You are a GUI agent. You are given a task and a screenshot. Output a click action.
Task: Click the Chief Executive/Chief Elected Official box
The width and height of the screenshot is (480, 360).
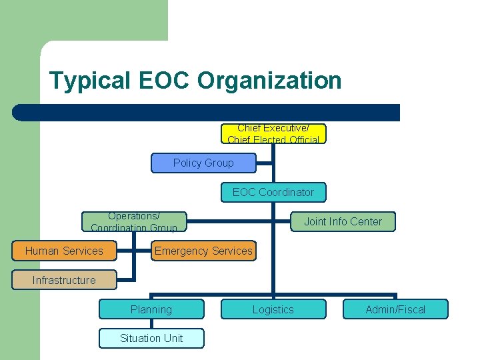273,134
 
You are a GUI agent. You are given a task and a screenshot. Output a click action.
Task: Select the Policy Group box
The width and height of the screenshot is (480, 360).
203,163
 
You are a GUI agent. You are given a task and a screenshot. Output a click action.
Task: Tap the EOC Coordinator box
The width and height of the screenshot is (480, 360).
273,192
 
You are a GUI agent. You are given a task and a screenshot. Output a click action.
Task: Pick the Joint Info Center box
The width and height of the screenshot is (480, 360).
343,221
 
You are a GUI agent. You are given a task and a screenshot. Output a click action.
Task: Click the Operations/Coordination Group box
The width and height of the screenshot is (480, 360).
134,221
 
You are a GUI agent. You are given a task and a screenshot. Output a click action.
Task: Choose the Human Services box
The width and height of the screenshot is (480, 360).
64,251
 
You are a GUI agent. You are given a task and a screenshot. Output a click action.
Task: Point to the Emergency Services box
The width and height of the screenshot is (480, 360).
203,251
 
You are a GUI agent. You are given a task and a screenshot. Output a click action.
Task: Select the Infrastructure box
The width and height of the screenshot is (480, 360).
64,280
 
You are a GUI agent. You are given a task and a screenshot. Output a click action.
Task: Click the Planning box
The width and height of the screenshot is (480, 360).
151,309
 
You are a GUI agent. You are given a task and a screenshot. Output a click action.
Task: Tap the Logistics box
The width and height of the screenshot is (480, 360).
273,309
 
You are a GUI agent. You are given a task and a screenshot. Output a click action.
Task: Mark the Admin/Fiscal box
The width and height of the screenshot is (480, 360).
395,309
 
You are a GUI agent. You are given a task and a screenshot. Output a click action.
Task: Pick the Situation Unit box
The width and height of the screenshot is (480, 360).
151,338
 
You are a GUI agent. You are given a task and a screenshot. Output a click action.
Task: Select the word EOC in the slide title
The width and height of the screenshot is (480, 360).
165,81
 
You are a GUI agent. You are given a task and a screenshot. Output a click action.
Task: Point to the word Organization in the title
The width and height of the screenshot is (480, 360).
269,81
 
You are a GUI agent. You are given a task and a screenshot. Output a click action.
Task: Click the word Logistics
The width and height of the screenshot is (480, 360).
273,309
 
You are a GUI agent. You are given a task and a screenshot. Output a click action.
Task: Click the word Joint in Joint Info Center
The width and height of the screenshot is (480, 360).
315,221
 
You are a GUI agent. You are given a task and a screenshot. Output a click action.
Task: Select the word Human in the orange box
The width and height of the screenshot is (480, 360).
41,251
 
